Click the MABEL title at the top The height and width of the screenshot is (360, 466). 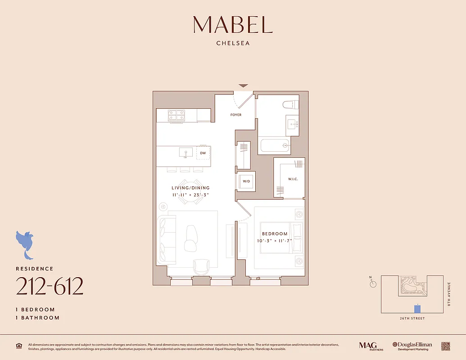[233, 25]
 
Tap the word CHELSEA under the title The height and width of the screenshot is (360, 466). [233, 44]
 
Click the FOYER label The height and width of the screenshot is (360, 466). [236, 115]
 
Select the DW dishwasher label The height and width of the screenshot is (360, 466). [203, 153]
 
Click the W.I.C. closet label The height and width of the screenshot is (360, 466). [293, 179]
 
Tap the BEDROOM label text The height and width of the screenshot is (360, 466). [275, 234]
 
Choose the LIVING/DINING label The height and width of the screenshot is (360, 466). [190, 188]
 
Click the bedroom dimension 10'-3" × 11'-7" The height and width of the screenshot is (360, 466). [275, 241]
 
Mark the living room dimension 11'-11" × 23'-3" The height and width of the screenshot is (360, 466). [190, 195]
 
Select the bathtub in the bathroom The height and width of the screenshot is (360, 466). [274, 145]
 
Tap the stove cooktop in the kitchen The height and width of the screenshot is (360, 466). [176, 115]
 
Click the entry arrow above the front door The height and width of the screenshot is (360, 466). [243, 85]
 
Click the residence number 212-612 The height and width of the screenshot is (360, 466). [50, 286]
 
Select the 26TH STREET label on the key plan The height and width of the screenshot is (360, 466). [412, 319]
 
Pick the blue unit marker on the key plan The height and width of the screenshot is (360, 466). [417, 309]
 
